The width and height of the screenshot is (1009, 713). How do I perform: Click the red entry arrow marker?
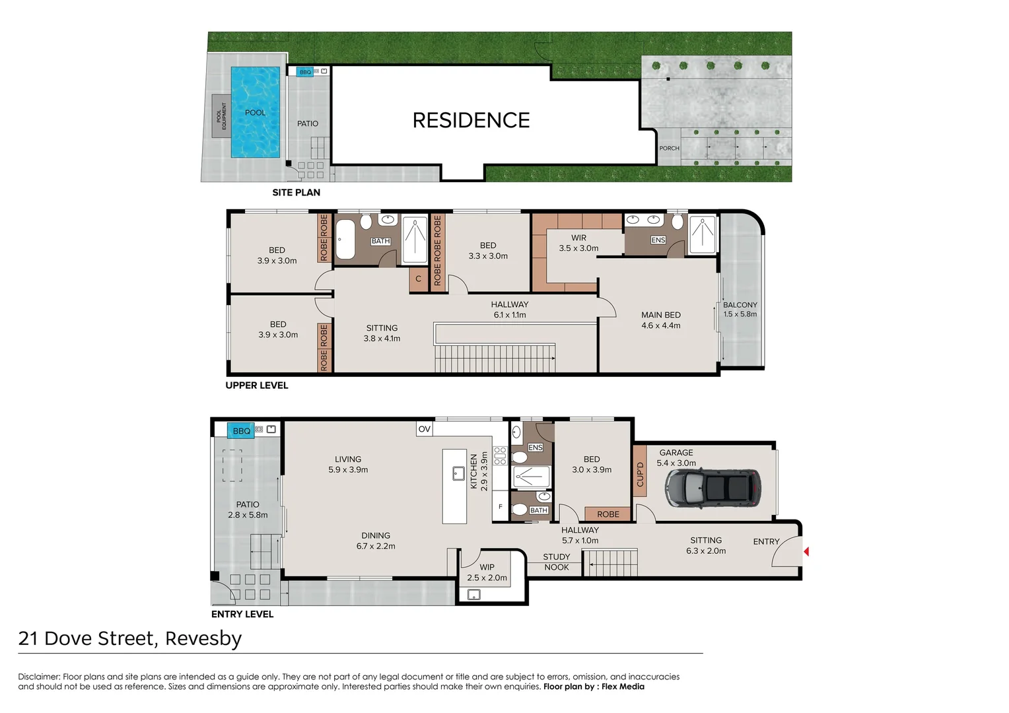806,551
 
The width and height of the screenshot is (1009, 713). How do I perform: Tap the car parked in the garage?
713,488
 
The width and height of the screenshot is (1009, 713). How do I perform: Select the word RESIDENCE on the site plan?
471,120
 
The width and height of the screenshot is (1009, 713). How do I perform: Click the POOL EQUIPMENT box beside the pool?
221,116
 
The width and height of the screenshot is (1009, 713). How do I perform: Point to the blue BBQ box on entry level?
241,431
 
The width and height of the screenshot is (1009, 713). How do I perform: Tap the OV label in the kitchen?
425,429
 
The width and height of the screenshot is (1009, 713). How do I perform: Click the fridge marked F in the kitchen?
501,506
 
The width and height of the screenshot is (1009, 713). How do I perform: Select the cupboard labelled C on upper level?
418,279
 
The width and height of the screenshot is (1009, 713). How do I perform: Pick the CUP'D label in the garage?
639,474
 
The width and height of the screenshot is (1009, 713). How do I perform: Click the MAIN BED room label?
660,320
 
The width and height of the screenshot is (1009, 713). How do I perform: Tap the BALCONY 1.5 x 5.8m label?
740,310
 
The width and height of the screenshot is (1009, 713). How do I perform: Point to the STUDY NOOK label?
556,562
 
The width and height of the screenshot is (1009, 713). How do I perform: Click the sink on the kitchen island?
458,473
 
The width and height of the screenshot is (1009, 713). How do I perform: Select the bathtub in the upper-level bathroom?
346,240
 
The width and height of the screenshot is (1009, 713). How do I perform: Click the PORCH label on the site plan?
669,149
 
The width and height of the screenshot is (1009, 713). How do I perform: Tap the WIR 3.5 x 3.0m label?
578,243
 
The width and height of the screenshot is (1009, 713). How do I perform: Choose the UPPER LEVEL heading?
256,386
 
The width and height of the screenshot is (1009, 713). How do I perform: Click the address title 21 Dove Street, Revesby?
130,638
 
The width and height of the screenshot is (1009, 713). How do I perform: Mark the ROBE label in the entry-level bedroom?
608,514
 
